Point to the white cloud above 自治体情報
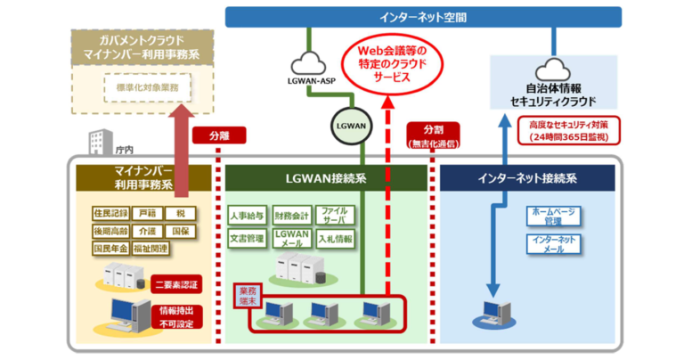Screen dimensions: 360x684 [553, 69]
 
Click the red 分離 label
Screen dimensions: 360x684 [218, 137]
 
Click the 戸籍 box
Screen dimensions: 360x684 [147, 215]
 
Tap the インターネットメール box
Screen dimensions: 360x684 [553, 244]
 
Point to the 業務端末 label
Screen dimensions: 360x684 [247, 296]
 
